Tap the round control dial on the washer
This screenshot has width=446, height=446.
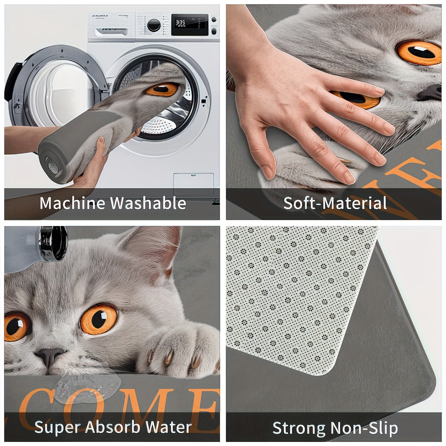click(153, 25)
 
